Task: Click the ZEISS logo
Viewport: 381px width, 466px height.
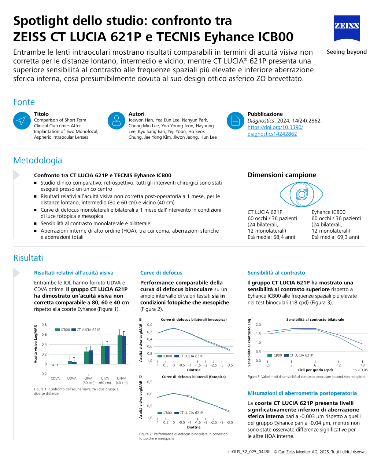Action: pyautogui.click(x=347, y=28)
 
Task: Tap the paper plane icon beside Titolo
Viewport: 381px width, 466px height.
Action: pyautogui.click(x=22, y=121)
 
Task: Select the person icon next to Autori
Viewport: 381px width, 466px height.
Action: pyautogui.click(x=116, y=121)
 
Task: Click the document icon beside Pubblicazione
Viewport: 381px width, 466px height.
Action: pyautogui.click(x=235, y=121)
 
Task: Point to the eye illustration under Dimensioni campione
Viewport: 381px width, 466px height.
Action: pyautogui.click(x=301, y=194)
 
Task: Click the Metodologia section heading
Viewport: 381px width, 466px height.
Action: pyautogui.click(x=37, y=160)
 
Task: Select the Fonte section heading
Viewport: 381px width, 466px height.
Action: pyautogui.click(x=24, y=102)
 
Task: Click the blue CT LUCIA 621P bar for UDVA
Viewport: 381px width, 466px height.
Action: pyautogui.click(x=74, y=363)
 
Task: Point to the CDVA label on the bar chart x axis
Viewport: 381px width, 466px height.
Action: pyautogui.click(x=55, y=378)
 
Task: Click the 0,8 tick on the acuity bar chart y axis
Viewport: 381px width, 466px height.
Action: pyautogui.click(x=44, y=325)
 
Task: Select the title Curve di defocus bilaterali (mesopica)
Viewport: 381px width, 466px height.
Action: pyautogui.click(x=194, y=320)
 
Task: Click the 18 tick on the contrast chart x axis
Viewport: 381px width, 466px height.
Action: pyautogui.click(x=362, y=365)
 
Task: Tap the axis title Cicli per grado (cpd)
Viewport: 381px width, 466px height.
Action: pyautogui.click(x=315, y=370)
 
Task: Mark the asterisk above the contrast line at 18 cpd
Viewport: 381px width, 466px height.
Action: pyautogui.click(x=361, y=341)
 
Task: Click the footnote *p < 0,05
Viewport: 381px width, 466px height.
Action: pyautogui.click(x=360, y=370)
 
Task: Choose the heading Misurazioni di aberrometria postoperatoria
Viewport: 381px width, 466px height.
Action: pyautogui.click(x=302, y=393)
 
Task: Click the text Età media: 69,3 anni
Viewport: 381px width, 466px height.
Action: pyautogui.click(x=335, y=237)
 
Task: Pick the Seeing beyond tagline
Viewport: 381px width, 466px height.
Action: pyautogui.click(x=347, y=52)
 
